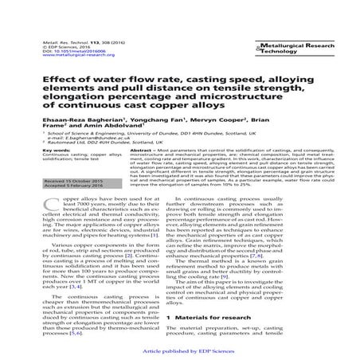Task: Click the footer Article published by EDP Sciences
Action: click(x=182, y=350)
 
